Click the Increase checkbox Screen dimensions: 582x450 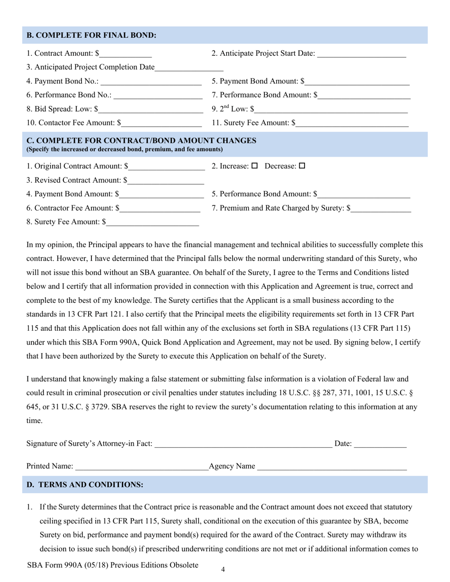(254, 166)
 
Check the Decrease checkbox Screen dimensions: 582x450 (302, 166)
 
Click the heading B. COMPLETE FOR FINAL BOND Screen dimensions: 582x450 (91, 35)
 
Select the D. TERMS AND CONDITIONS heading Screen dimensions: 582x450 (85, 485)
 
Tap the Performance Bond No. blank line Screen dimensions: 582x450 (158, 95)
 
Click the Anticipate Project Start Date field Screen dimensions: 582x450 (361, 53)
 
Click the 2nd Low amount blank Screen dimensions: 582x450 (331, 109)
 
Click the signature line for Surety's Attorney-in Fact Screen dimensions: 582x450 (243, 444)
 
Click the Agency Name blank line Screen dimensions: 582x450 (332, 467)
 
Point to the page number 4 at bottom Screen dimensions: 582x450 (223, 570)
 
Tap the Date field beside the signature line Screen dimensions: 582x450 (380, 444)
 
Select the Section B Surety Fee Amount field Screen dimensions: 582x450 (352, 123)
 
